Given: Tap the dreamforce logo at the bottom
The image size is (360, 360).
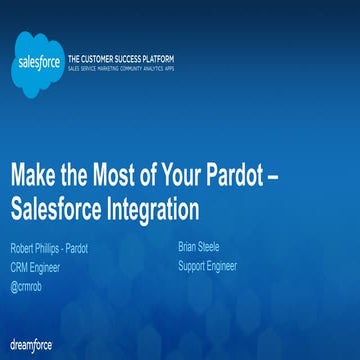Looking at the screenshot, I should coord(32,343).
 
